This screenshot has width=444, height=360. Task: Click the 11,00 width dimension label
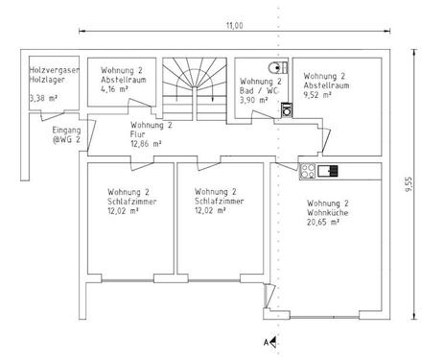pyautogui.click(x=235, y=26)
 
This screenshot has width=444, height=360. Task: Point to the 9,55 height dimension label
pyautogui.click(x=409, y=184)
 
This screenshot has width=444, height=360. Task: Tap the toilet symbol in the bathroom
pyautogui.click(x=277, y=68)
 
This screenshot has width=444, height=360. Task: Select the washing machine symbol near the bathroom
pyautogui.click(x=287, y=110)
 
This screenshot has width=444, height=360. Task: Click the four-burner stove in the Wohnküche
pyautogui.click(x=308, y=171)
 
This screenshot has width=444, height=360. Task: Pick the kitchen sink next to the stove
pyautogui.click(x=328, y=171)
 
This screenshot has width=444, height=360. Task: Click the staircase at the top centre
pyautogui.click(x=195, y=89)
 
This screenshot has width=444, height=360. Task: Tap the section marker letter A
pyautogui.click(x=266, y=343)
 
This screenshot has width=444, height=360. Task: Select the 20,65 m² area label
pyautogui.click(x=323, y=222)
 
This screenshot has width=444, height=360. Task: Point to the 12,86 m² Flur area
pyautogui.click(x=146, y=144)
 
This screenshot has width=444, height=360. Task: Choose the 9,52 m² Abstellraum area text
pyautogui.click(x=317, y=95)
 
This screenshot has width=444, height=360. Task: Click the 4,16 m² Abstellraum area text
pyautogui.click(x=114, y=89)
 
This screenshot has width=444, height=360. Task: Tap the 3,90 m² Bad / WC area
pyautogui.click(x=254, y=100)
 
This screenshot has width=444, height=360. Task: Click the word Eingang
pyautogui.click(x=66, y=131)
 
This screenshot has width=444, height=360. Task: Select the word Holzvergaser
pyautogui.click(x=55, y=70)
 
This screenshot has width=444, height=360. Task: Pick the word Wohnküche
pyautogui.click(x=328, y=212)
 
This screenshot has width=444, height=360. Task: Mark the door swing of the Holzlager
pyautogui.click(x=53, y=115)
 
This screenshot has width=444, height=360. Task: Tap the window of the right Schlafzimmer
pyautogui.click(x=214, y=281)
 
